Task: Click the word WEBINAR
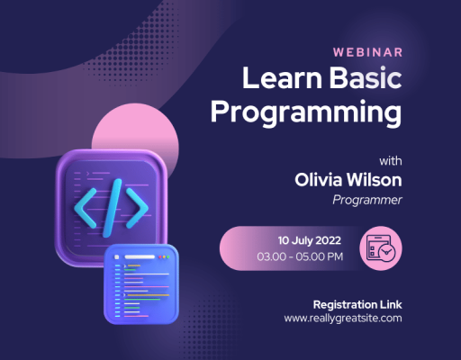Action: click(x=366, y=52)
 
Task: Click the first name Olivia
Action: click(x=322, y=180)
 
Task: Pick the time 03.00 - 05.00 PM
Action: click(x=300, y=257)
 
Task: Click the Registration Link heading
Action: click(x=356, y=303)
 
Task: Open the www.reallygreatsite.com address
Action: click(x=342, y=318)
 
